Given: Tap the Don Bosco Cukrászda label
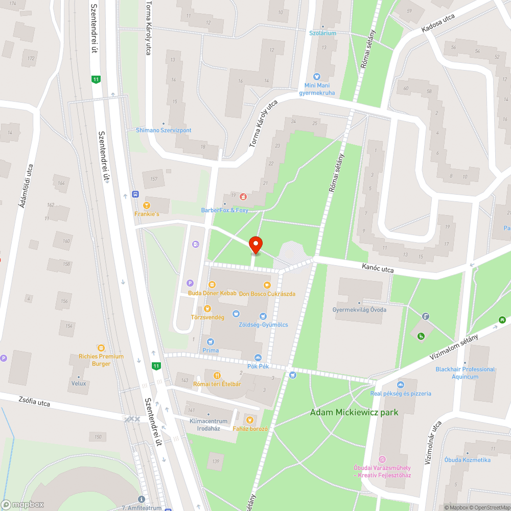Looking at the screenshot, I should (267, 294).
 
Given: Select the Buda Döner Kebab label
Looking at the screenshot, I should (212, 293).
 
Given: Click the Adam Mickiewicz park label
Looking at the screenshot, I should (354, 412).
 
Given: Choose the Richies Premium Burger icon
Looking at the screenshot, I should (101, 348).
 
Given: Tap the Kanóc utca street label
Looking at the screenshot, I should (378, 267).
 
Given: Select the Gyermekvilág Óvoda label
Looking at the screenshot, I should (359, 310).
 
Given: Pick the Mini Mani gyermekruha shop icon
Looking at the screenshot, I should (316, 77).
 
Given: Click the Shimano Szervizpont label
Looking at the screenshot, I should (164, 130).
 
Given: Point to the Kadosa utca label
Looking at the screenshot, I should (438, 24).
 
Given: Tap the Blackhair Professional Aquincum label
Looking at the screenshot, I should (465, 373).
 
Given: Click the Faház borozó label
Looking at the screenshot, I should (250, 429).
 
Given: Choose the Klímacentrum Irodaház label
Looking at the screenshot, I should (204, 425).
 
